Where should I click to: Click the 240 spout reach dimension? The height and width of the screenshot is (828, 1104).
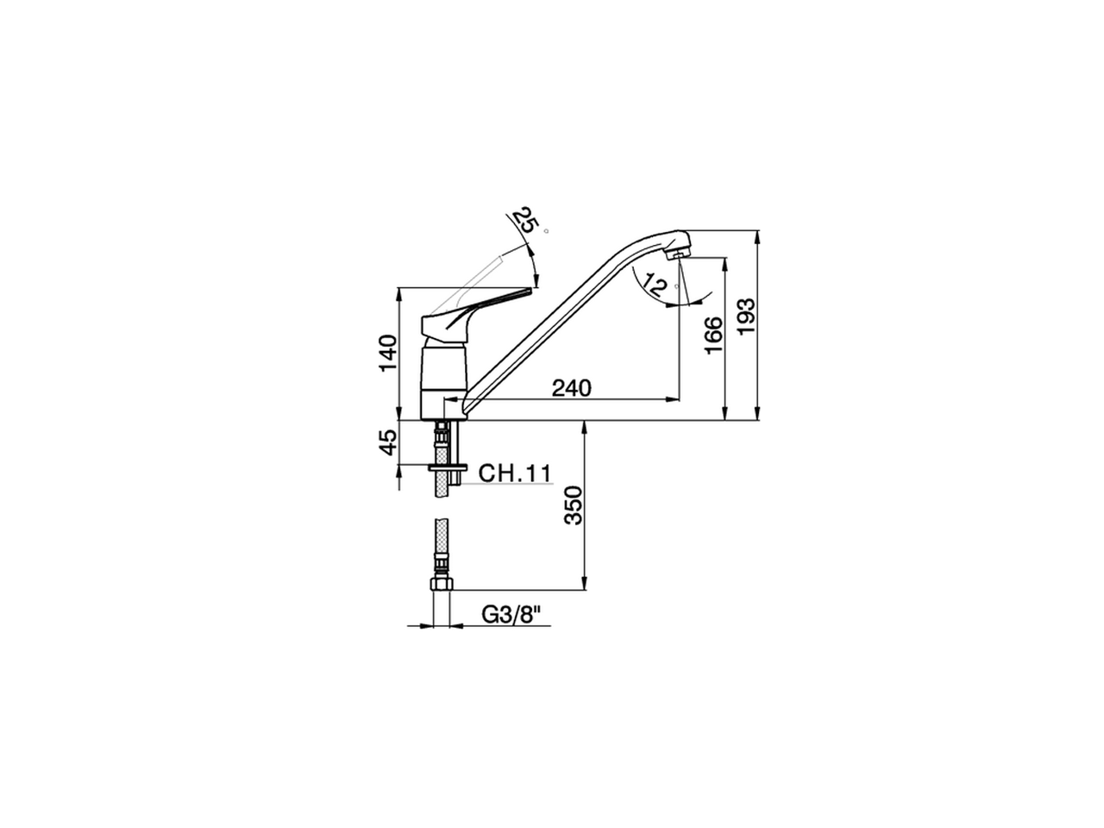[x=572, y=388]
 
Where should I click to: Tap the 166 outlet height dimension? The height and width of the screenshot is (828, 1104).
[x=712, y=335]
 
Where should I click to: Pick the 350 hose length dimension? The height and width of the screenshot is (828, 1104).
[x=574, y=505]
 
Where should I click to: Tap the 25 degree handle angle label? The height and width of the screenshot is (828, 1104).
[x=524, y=222]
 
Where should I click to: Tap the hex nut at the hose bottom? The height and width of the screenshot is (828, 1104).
[x=441, y=586]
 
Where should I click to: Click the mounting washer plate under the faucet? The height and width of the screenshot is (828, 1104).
[x=446, y=467]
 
